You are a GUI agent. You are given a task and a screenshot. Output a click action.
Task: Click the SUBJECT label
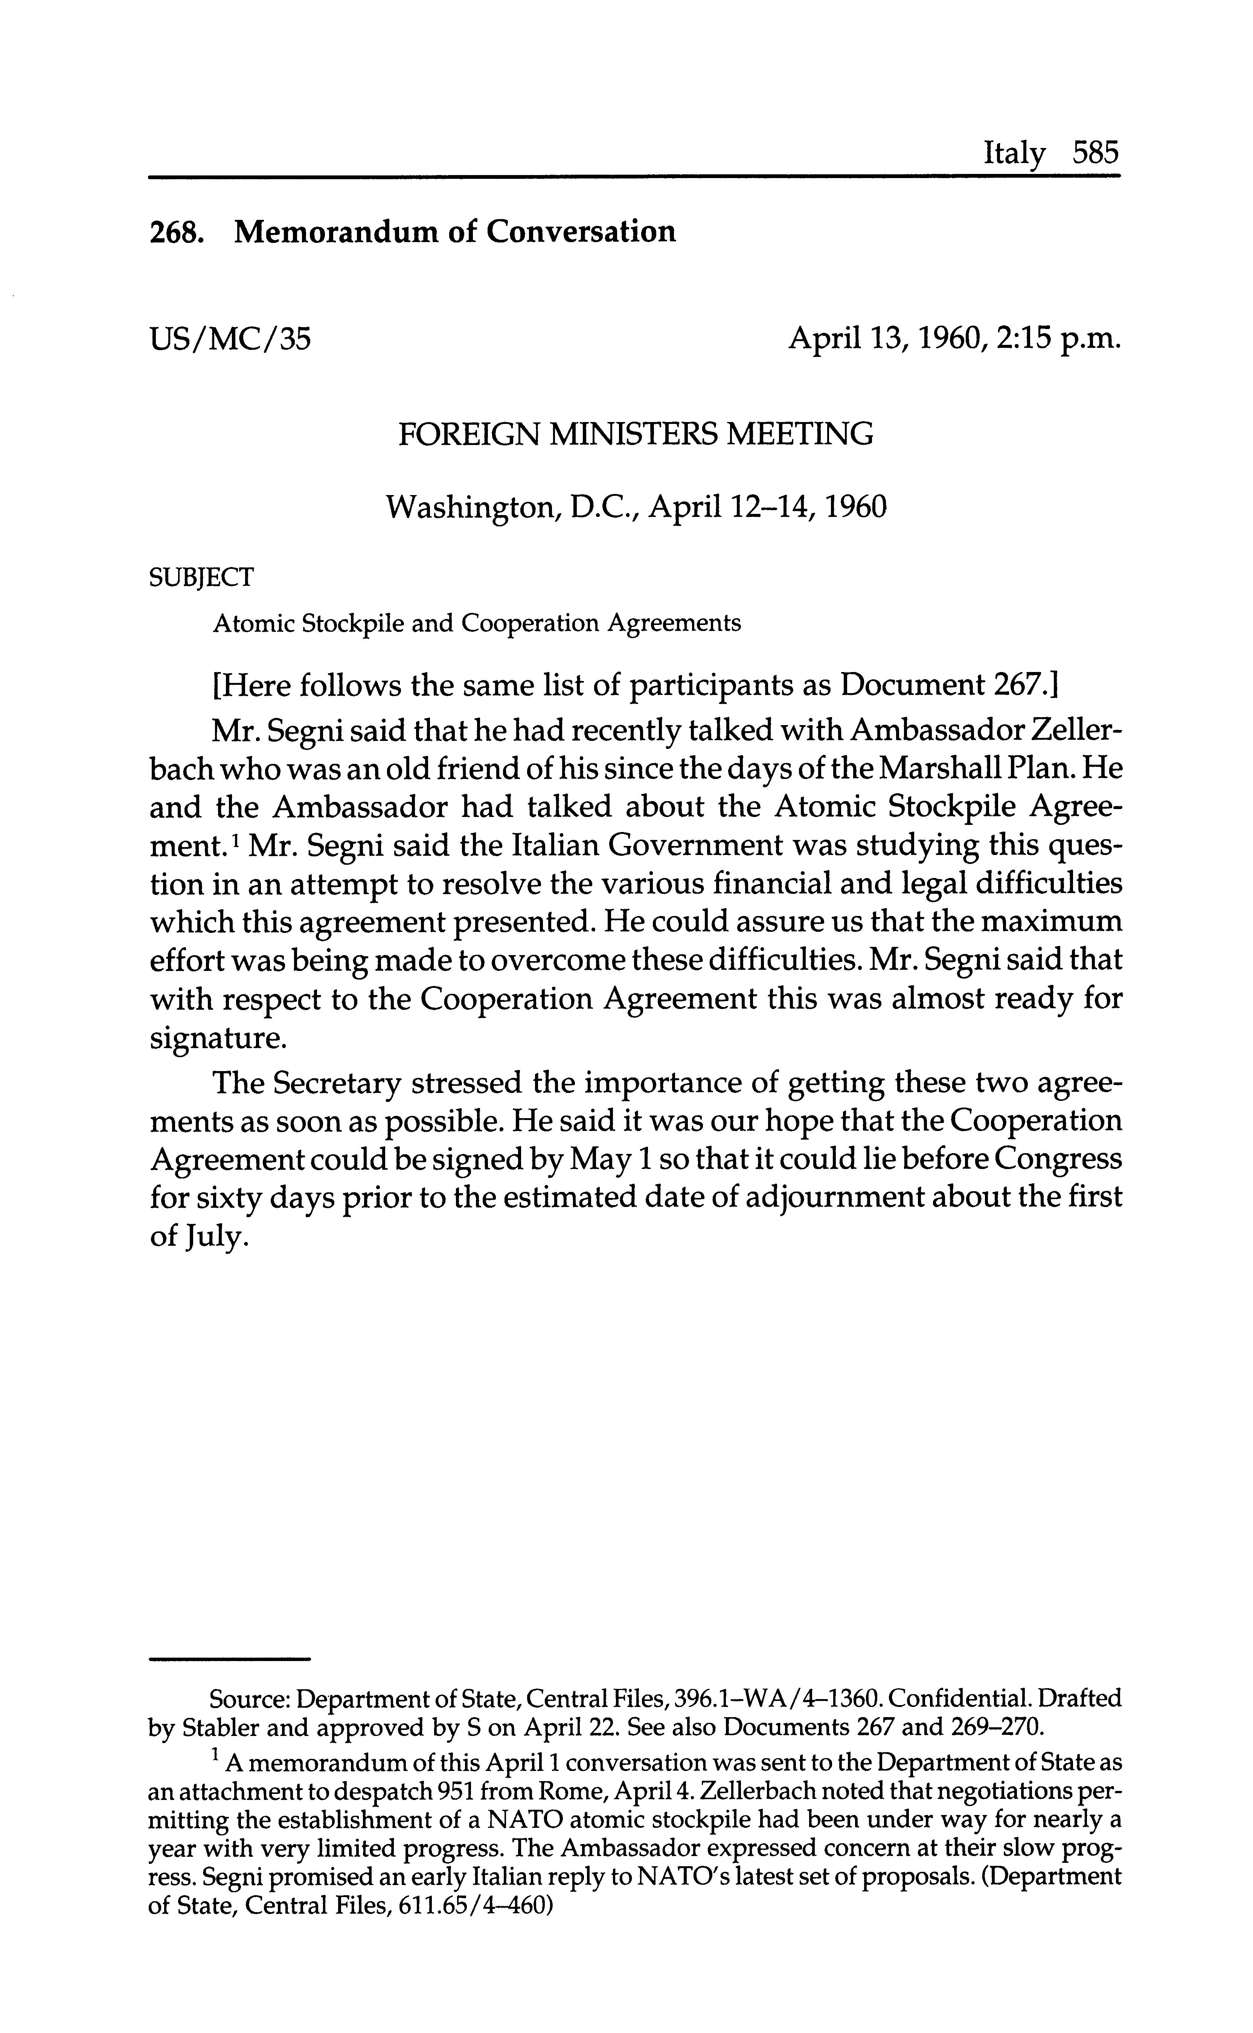click(x=201, y=578)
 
